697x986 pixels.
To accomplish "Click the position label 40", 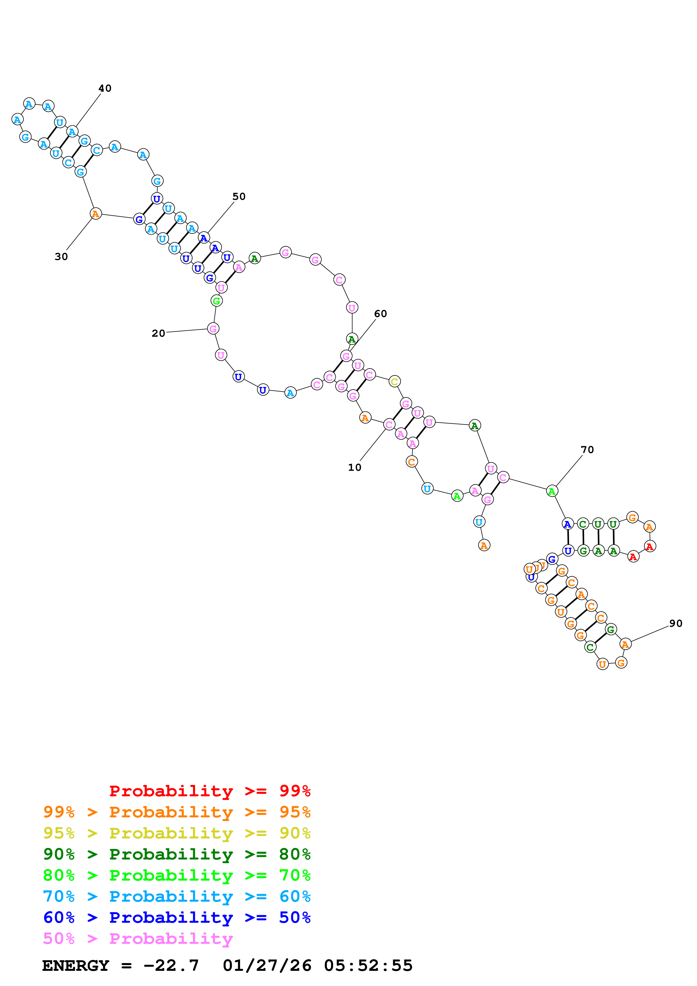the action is point(105,89).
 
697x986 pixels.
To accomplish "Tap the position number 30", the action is point(61,257).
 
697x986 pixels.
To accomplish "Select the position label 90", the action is point(676,623).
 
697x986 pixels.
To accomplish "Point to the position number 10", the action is point(354,467).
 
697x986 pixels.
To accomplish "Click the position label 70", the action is point(587,450).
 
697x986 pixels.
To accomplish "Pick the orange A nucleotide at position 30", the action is point(95,213).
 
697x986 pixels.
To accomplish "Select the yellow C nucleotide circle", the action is point(394,381).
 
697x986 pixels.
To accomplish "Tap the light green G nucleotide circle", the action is point(216,301).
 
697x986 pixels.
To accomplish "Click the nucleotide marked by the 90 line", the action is point(625,644).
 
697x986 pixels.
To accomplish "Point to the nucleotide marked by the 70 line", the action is point(552,491).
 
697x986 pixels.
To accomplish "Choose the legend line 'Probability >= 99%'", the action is point(209,791).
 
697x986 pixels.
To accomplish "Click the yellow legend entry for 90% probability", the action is point(177,833).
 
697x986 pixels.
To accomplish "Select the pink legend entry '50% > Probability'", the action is point(138,939).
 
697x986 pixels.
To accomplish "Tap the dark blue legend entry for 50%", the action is point(177,918).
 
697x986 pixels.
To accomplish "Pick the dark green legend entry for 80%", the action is point(177,854).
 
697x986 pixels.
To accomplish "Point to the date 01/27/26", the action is point(267,965).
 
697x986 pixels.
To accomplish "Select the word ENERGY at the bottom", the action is point(76,965).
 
